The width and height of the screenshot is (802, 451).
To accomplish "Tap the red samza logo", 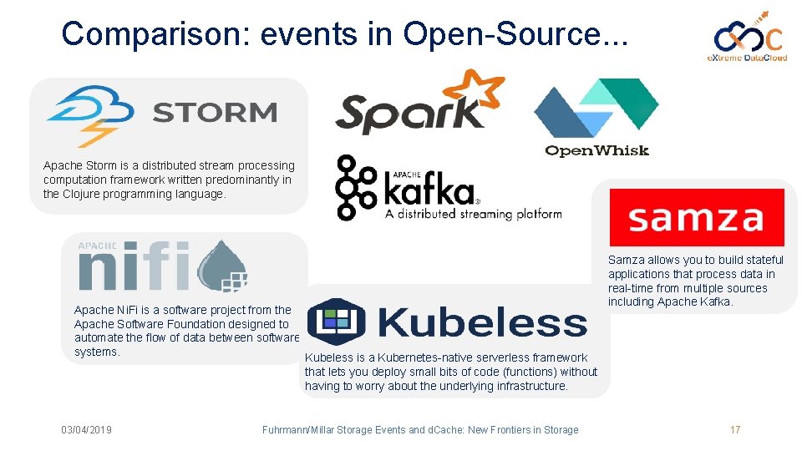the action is point(696,217).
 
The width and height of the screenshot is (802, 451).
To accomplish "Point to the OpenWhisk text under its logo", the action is point(596,150).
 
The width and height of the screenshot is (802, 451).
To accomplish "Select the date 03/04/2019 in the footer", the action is point(86,430).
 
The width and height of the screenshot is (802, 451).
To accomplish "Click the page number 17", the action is point(735,430).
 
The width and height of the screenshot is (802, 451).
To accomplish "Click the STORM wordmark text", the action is point(216,113).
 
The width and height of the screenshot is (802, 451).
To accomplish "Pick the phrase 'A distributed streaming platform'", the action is point(473,214).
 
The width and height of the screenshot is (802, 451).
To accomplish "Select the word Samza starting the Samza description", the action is point(626,260).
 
